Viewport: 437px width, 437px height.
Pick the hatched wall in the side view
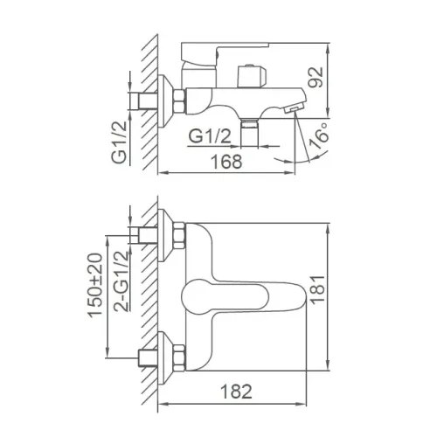point(149,96)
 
